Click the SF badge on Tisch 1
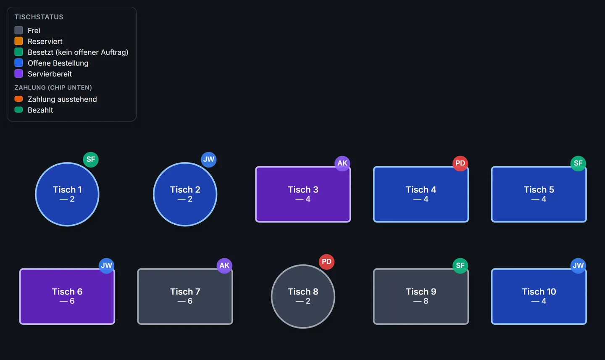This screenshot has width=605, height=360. [x=91, y=159]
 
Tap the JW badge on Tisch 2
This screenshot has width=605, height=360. [x=208, y=159]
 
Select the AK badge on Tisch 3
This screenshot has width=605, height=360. [x=342, y=163]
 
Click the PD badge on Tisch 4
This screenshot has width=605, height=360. [x=460, y=163]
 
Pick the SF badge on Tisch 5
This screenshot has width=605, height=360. [x=578, y=163]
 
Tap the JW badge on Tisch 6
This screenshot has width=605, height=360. [x=106, y=265]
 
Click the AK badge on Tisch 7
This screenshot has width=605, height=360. [x=224, y=265]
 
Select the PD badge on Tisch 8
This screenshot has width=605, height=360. [x=326, y=262]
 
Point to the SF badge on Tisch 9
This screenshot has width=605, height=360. [x=460, y=265]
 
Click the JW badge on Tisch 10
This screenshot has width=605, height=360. [x=578, y=265]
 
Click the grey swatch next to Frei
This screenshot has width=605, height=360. [x=18, y=30]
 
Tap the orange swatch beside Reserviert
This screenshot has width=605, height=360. [x=18, y=41]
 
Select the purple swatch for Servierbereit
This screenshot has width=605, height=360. [x=18, y=74]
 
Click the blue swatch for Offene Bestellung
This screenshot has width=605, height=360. [x=18, y=63]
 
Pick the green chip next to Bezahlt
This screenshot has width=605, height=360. [x=18, y=110]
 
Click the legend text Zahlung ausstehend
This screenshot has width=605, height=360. [x=62, y=99]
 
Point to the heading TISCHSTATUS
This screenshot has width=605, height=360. [x=39, y=17]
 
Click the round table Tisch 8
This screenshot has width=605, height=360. [x=303, y=296]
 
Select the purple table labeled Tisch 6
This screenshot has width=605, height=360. [x=67, y=296]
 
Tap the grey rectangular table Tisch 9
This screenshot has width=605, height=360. [x=421, y=296]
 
